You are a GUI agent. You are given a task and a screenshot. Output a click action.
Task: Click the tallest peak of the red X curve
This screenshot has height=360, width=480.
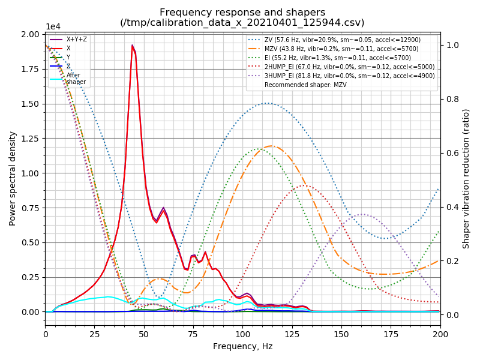pyautogui.click(x=133, y=45)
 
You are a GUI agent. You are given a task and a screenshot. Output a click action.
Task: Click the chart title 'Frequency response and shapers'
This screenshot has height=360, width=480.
pyautogui.click(x=242, y=13)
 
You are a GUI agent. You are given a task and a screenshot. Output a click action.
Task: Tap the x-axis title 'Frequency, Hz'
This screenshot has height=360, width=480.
pyautogui.click(x=242, y=346)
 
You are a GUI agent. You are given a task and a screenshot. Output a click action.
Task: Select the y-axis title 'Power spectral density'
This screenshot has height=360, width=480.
pyautogui.click(x=13, y=178)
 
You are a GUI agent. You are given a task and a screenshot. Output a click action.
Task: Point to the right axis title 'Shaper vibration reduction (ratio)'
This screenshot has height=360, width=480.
pyautogui.click(x=466, y=178)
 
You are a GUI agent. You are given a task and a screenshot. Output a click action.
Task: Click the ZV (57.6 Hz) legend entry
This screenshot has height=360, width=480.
pyautogui.click(x=342, y=40)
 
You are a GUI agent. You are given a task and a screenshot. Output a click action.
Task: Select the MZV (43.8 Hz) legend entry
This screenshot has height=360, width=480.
pyautogui.click(x=342, y=49)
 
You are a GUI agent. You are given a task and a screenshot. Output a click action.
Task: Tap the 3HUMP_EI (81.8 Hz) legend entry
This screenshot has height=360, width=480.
pyautogui.click(x=342, y=76)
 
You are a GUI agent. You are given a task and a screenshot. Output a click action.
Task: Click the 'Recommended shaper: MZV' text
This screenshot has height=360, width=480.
pyautogui.click(x=305, y=85)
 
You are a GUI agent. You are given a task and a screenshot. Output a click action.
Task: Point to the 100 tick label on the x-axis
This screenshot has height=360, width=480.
pyautogui.click(x=242, y=332)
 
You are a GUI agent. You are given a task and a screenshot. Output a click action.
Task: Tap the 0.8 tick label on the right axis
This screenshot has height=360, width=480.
pyautogui.click(x=451, y=99)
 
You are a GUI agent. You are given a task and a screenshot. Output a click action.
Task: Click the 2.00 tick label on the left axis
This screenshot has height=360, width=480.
pyautogui.click(x=29, y=34)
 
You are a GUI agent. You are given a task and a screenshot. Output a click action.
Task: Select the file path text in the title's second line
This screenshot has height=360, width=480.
pyautogui.click(x=242, y=23)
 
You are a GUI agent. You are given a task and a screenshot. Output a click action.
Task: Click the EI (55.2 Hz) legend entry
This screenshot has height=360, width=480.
pyautogui.click(x=342, y=58)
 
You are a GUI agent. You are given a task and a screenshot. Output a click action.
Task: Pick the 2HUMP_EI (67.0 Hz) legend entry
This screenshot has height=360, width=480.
pyautogui.click(x=342, y=67)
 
